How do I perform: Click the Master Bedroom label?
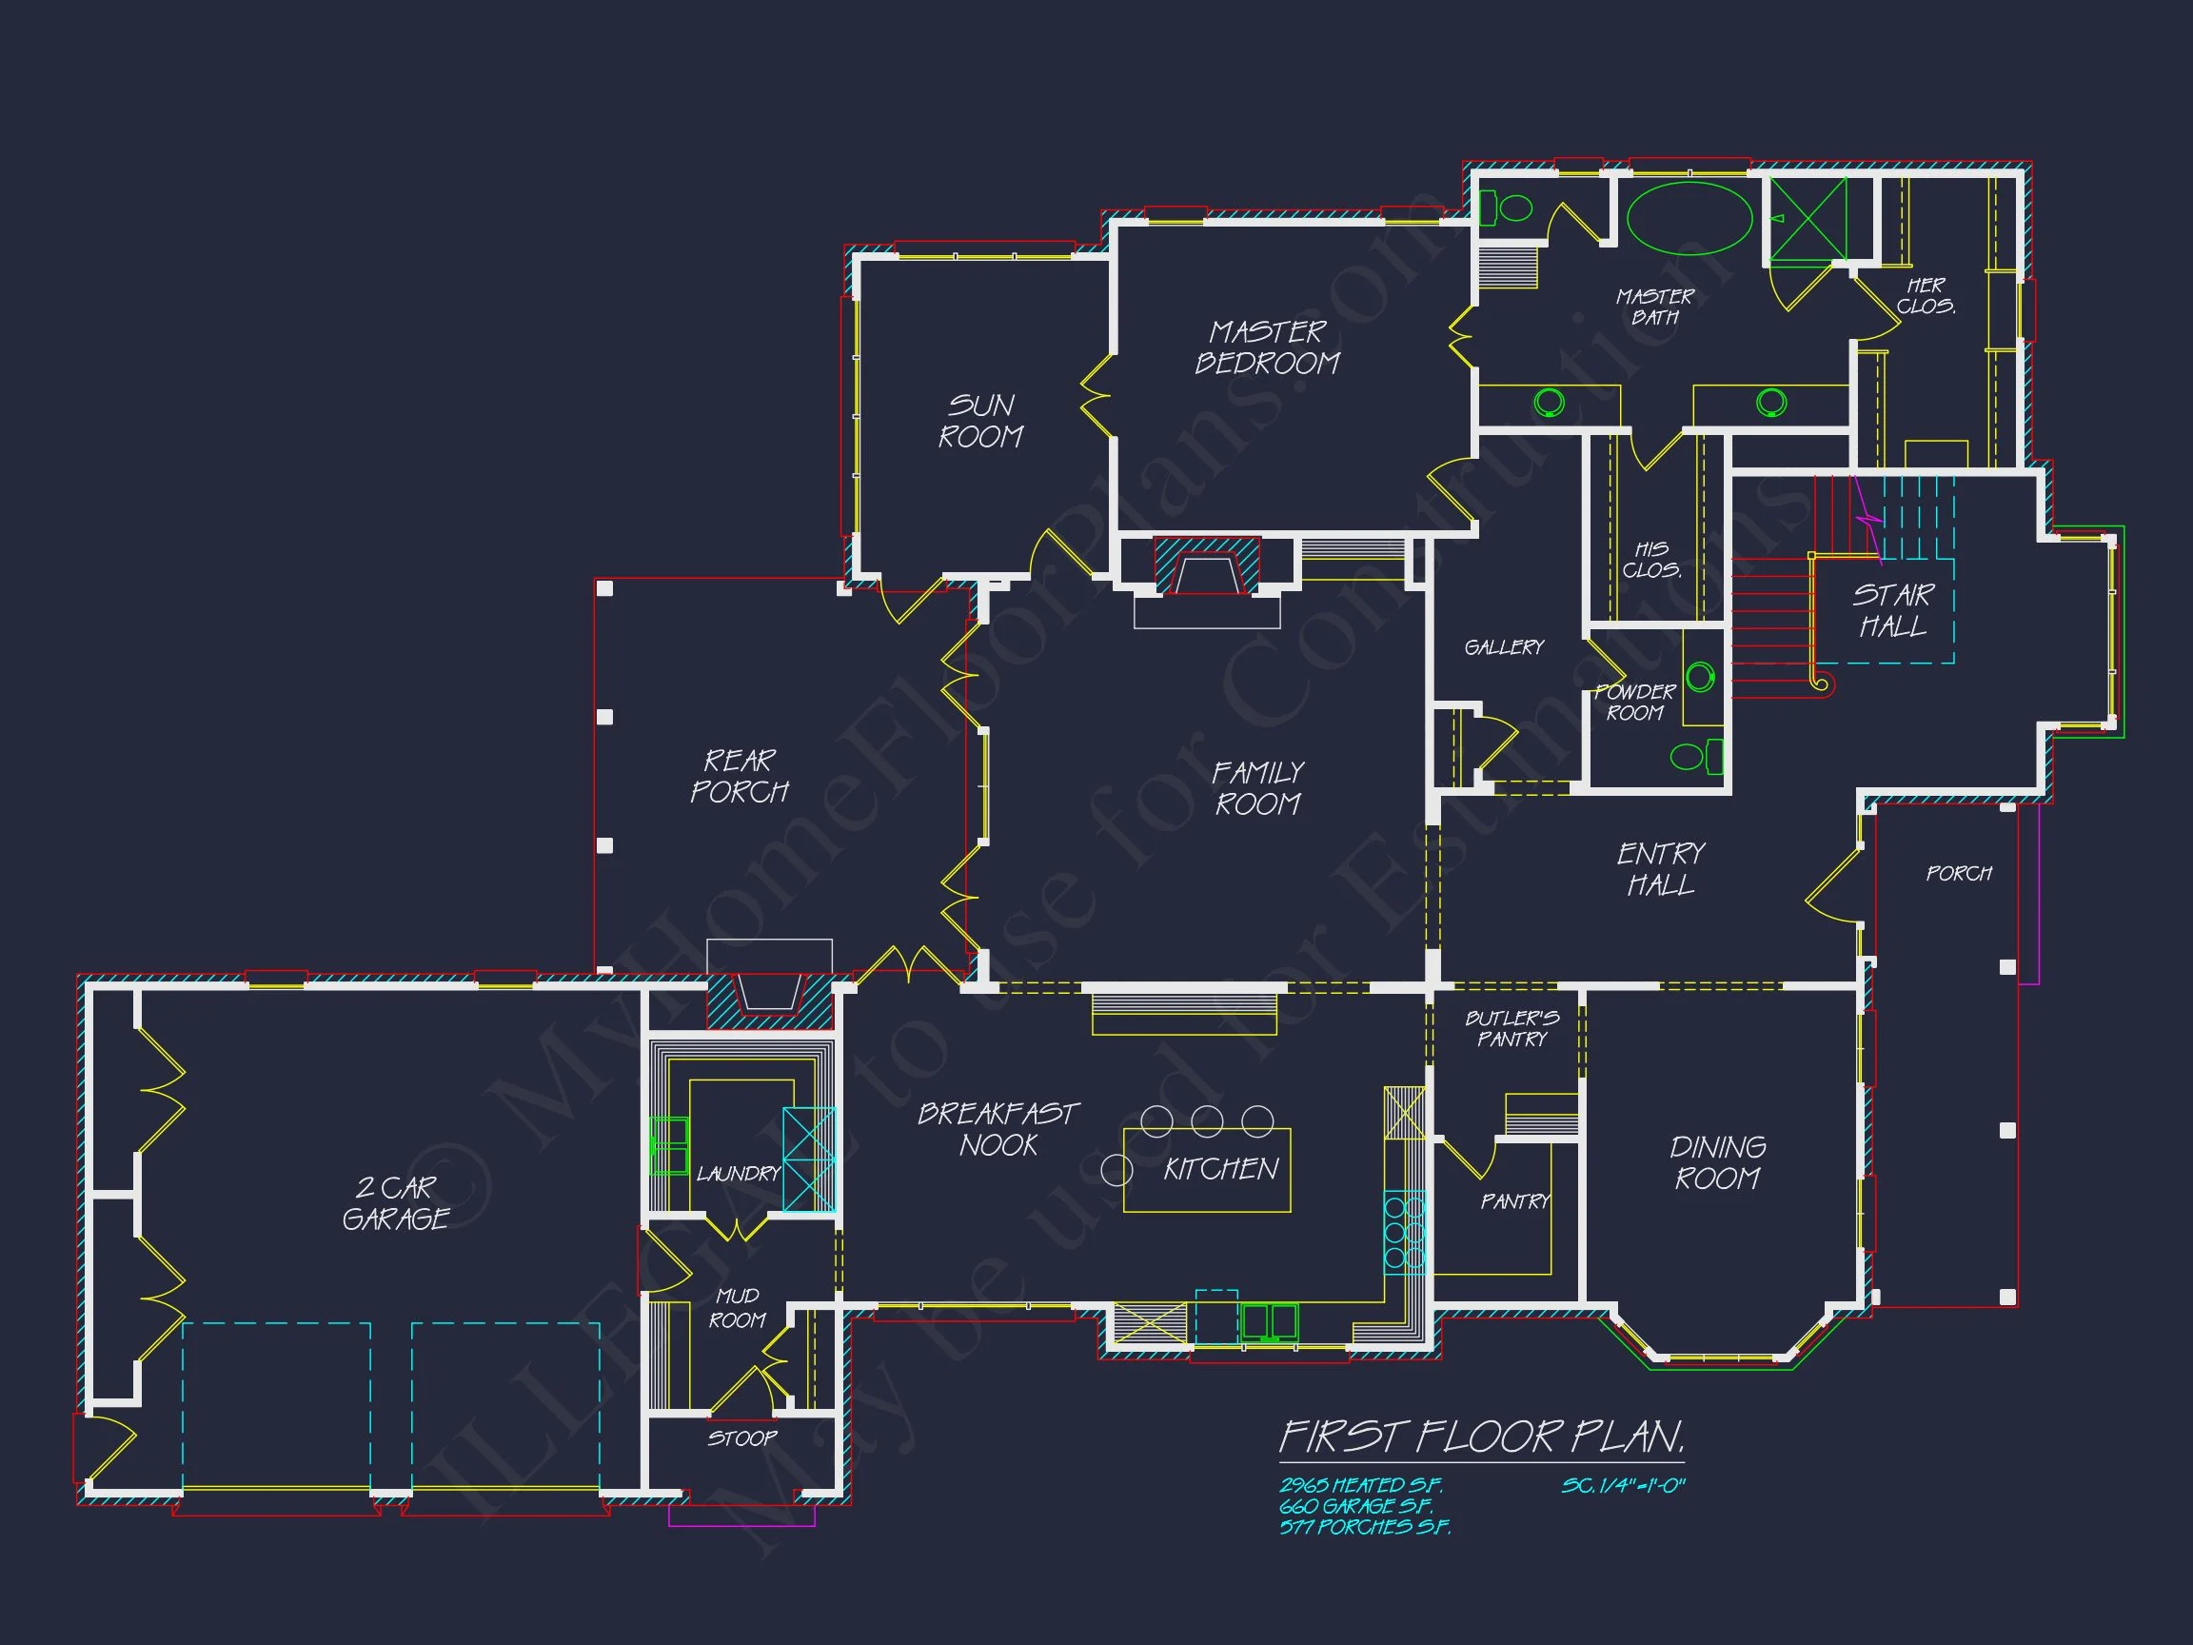1266,347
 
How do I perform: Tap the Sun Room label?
980,421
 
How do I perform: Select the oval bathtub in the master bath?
1689,218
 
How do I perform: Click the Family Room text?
1257,787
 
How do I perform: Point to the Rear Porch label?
740,776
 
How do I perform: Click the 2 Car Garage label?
396,1202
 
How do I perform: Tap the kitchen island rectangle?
1207,1170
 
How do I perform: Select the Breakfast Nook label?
998,1128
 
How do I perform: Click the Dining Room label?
1717,1162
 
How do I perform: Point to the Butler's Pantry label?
1511,1028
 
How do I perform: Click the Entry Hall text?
1661,868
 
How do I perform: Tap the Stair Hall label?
1892,610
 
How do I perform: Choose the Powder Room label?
1634,702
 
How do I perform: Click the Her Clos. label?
1926,295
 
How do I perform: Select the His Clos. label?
1650,559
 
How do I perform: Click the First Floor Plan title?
1481,1437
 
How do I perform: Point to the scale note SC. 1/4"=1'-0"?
1622,1485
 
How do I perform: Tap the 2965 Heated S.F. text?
1360,1485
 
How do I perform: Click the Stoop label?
741,1437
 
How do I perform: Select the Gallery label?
1504,646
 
